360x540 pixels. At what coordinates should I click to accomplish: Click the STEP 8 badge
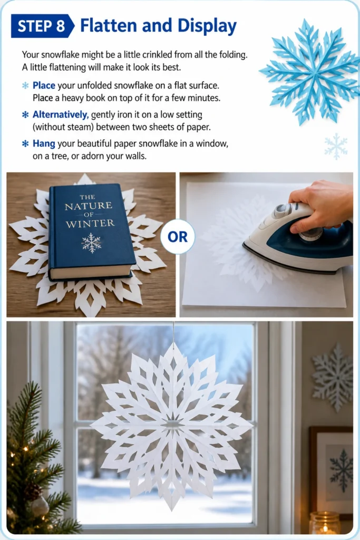[x=42, y=26]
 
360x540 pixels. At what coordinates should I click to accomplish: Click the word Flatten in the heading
[x=109, y=26]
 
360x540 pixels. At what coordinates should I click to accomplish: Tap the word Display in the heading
[x=207, y=26]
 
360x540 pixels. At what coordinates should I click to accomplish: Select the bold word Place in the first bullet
[x=44, y=85]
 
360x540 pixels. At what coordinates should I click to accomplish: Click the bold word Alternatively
[x=61, y=114]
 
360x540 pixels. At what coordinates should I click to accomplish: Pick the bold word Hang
[x=44, y=143]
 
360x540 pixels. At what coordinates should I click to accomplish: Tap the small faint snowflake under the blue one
[x=336, y=147]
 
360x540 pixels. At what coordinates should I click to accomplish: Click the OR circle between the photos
[x=178, y=237]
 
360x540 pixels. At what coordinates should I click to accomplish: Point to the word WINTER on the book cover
[x=90, y=224]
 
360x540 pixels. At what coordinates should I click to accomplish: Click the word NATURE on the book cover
[x=89, y=206]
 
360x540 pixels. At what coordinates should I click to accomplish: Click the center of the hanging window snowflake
[x=172, y=424]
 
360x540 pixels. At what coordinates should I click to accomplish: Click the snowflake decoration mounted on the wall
[x=333, y=377]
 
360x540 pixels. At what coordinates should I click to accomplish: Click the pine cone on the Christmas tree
[x=33, y=491]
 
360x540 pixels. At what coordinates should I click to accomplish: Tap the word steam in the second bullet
[x=81, y=127]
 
